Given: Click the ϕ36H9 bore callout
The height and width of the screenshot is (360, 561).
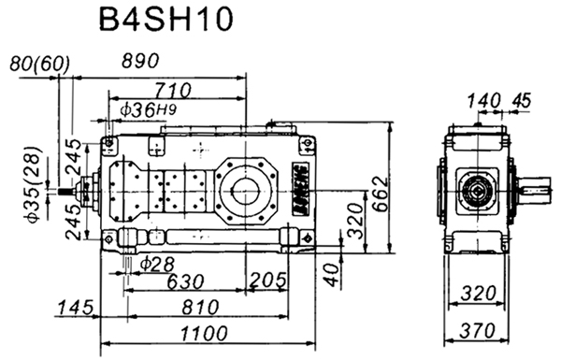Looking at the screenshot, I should tap(150, 110).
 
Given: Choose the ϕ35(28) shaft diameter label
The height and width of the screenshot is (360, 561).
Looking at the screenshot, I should tap(31, 184).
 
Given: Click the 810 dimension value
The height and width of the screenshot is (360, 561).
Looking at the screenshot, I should tap(200, 308).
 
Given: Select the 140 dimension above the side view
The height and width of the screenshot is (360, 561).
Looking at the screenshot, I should tap(484, 99).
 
